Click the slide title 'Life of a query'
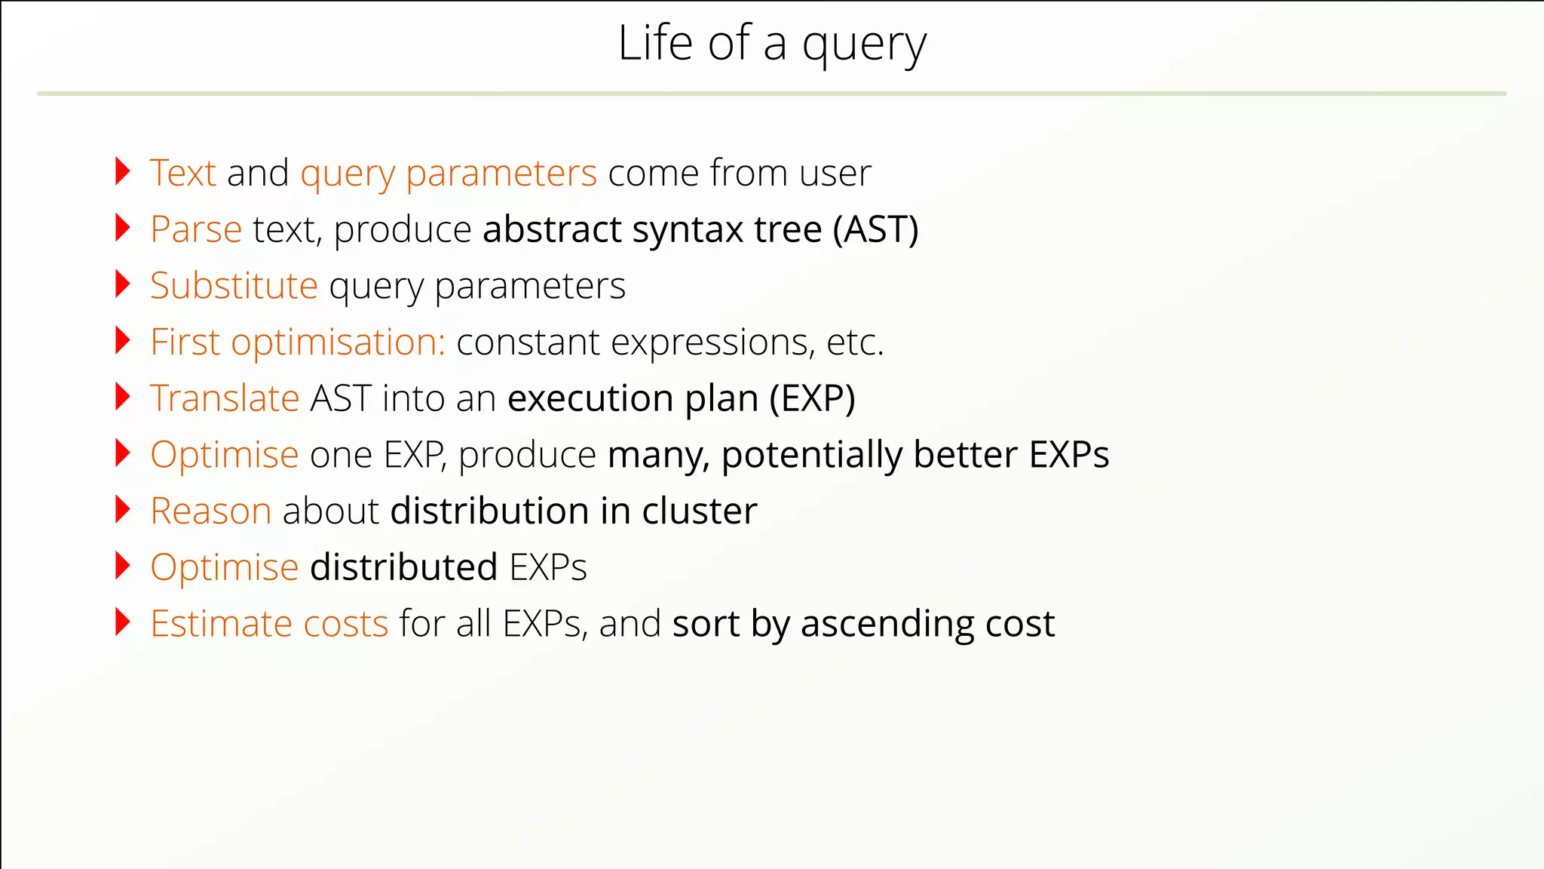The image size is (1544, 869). pyautogui.click(x=771, y=44)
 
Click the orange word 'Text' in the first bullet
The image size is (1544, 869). pyautogui.click(x=183, y=173)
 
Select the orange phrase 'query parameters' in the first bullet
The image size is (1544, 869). pyautogui.click(x=449, y=174)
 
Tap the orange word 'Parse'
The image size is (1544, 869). pyautogui.click(x=196, y=229)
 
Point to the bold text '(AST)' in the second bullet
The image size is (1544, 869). pyautogui.click(x=875, y=229)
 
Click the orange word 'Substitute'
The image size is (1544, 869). pyautogui.click(x=234, y=286)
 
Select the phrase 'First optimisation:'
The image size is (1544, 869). pyautogui.click(x=298, y=342)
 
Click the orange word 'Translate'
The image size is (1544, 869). pyautogui.click(x=225, y=398)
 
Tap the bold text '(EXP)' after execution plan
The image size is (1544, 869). pyautogui.click(x=812, y=398)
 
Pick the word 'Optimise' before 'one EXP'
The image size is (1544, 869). pyautogui.click(x=225, y=455)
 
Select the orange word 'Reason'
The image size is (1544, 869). pyautogui.click(x=210, y=511)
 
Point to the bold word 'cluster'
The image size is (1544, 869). pyautogui.click(x=699, y=511)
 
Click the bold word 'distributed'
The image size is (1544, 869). pyautogui.click(x=403, y=567)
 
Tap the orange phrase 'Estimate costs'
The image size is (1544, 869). pyautogui.click(x=269, y=624)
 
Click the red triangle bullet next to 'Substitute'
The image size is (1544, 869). pyautogui.click(x=122, y=284)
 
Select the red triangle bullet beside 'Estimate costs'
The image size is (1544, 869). pyautogui.click(x=122, y=622)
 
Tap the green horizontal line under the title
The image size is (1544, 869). pyautogui.click(x=771, y=94)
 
